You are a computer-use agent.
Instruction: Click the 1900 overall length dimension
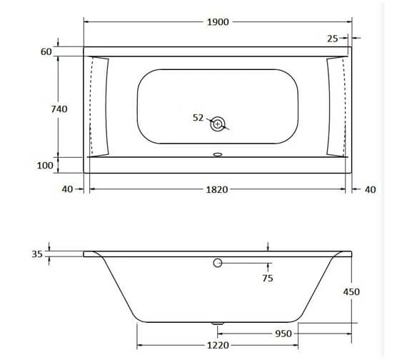pos(218,22)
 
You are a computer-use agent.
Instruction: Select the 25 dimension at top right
pos(333,38)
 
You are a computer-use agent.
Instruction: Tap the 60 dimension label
pos(46,53)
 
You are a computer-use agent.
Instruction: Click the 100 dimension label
pos(45,166)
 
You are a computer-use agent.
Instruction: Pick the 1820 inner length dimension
pos(217,189)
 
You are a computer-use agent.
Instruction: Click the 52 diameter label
pos(199,118)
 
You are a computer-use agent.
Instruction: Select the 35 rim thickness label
pos(37,254)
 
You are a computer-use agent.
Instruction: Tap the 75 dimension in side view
pos(267,279)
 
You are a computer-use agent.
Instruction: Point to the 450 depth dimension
pos(351,291)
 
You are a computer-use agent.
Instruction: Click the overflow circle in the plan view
pos(218,124)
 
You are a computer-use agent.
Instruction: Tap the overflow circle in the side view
pos(218,264)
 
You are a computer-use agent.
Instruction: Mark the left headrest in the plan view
pos(100,106)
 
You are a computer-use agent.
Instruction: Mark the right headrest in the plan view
pos(335,106)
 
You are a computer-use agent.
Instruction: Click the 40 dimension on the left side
pos(67,189)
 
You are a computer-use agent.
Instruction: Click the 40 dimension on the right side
pos(369,189)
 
